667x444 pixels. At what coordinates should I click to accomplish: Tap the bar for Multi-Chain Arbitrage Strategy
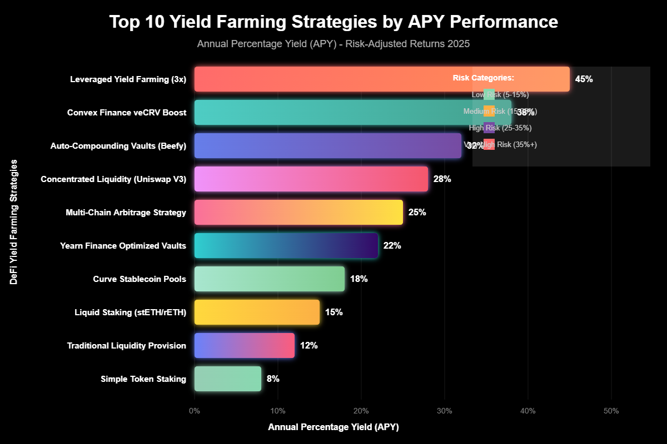click(x=298, y=212)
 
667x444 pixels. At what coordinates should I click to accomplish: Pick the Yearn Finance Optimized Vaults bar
click(x=286, y=245)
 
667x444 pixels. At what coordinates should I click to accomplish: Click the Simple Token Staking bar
click(x=228, y=379)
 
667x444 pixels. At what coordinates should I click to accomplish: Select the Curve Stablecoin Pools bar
click(x=270, y=279)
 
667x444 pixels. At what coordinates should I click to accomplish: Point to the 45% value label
click(x=584, y=79)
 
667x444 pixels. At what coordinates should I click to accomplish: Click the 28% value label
click(x=442, y=179)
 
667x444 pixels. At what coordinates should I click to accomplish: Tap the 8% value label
click(x=273, y=379)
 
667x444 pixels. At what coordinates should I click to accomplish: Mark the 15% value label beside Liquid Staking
click(x=333, y=312)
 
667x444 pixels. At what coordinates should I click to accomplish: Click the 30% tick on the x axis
click(x=444, y=411)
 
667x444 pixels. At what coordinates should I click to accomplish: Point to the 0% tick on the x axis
click(x=195, y=411)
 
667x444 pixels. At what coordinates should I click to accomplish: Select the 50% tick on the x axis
click(x=611, y=411)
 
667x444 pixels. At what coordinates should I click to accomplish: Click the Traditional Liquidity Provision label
click(x=126, y=345)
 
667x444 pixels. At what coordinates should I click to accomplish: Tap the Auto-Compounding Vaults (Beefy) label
click(x=118, y=145)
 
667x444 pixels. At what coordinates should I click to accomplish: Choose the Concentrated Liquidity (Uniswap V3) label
click(x=113, y=179)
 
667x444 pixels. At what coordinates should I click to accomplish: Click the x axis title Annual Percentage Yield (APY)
click(x=333, y=427)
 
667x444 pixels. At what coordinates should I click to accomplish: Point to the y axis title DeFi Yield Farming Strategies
click(x=13, y=222)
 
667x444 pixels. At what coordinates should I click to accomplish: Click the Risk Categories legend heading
click(x=483, y=78)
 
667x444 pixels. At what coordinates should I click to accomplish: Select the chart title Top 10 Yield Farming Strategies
click(x=333, y=22)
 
